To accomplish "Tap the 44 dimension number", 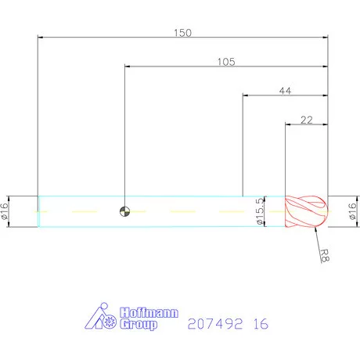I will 286,91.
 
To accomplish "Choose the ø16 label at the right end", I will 352,211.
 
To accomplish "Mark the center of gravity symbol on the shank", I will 124,211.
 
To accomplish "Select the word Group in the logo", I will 138,324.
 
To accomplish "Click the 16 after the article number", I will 261,322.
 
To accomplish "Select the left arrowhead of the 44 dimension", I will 246,95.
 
